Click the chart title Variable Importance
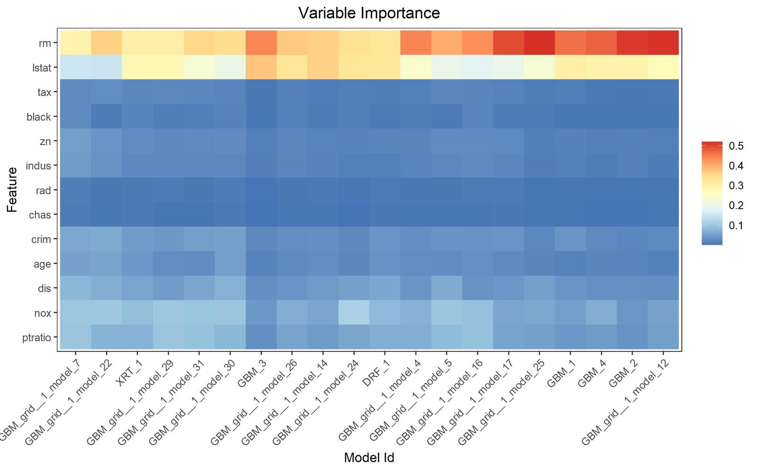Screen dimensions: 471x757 point(369,13)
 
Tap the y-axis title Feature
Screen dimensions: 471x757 point(12,189)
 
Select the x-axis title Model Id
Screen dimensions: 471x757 point(369,457)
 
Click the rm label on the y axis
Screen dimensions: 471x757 point(44,43)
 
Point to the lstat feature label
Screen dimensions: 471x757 point(42,68)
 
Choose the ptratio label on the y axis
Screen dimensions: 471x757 point(36,337)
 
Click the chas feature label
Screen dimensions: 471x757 point(40,215)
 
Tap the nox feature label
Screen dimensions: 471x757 point(43,313)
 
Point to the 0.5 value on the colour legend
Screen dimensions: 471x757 point(736,146)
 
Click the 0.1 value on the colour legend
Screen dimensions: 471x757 point(736,225)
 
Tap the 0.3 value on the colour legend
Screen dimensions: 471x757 point(736,186)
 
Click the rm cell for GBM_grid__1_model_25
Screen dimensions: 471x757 point(539,43)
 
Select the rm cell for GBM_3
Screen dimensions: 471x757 point(261,43)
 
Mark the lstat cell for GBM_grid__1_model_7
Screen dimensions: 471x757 point(75,68)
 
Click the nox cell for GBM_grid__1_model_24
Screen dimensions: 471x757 point(353,312)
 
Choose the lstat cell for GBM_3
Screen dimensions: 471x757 point(261,68)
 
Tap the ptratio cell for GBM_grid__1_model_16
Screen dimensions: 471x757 point(477,337)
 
